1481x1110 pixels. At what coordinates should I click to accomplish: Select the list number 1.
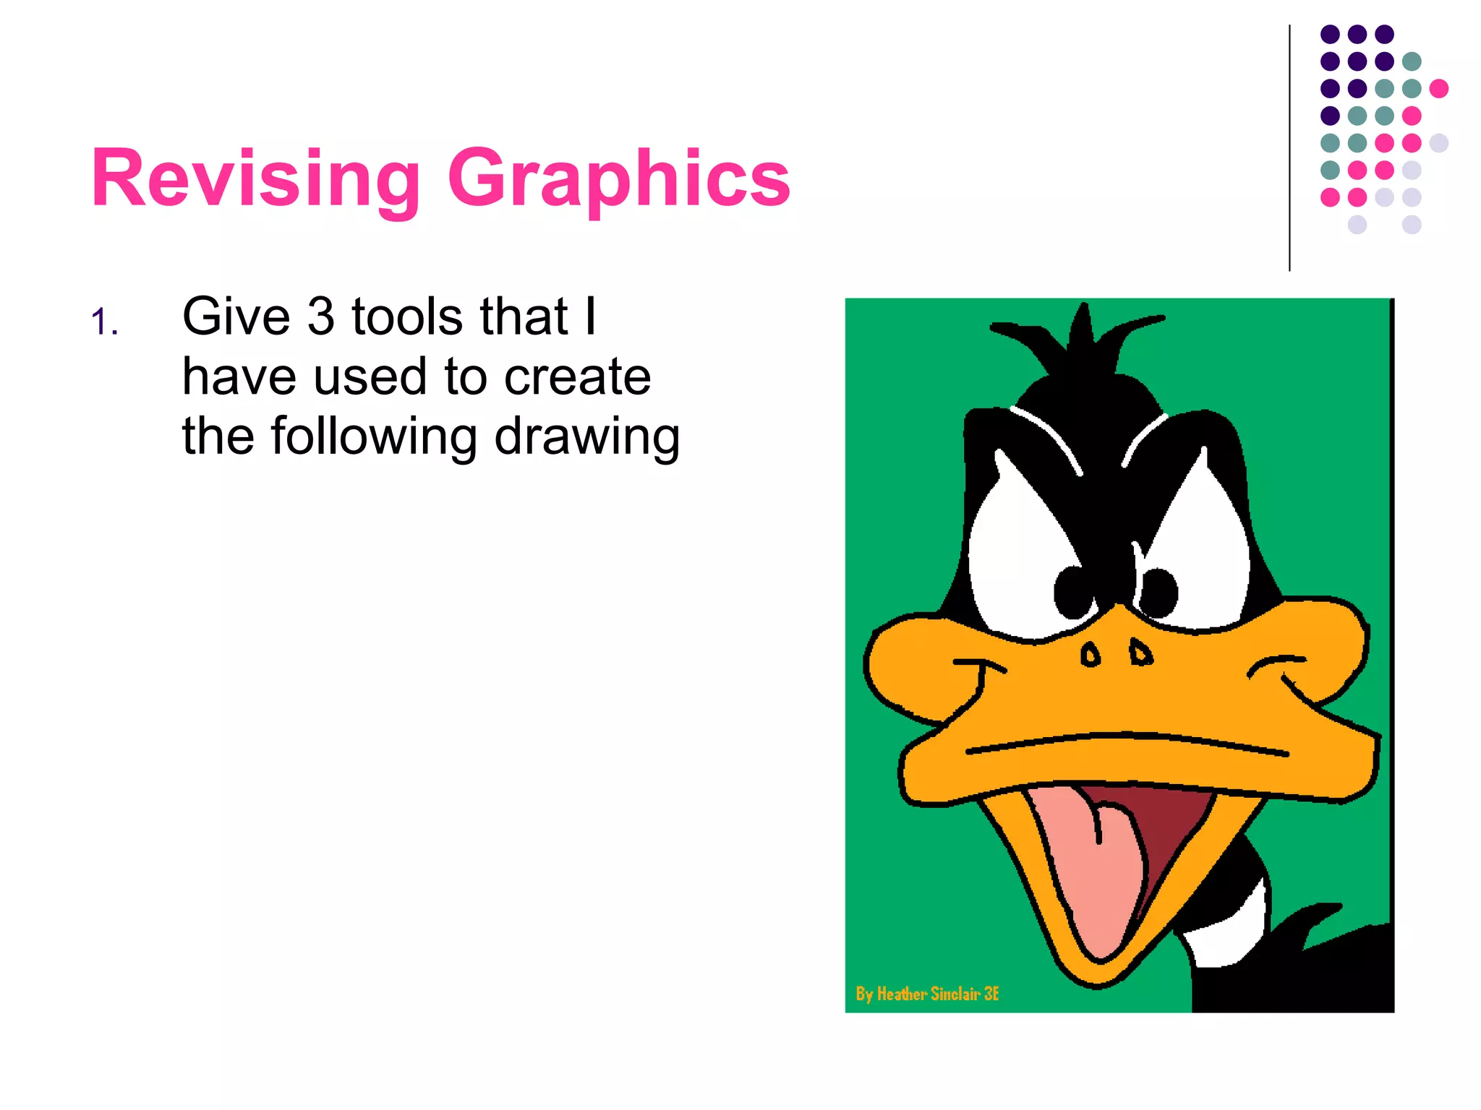point(104,322)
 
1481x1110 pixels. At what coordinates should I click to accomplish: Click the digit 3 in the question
point(320,317)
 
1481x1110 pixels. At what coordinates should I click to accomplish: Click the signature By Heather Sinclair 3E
point(927,994)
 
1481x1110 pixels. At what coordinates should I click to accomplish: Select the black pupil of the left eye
point(1073,592)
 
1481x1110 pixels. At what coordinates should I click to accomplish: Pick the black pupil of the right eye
point(1158,592)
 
